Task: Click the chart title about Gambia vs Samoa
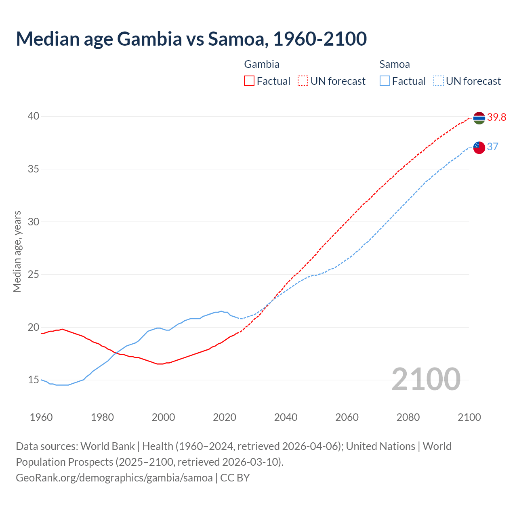pyautogui.click(x=191, y=39)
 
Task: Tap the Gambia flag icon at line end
pyautogui.click(x=479, y=118)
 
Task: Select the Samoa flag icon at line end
pyautogui.click(x=479, y=147)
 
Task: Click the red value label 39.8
pyautogui.click(x=496, y=118)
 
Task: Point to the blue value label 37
pyautogui.click(x=492, y=147)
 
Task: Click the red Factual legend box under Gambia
pyautogui.click(x=249, y=81)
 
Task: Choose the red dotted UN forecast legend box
pyautogui.click(x=303, y=81)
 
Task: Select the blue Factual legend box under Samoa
pyautogui.click(x=385, y=81)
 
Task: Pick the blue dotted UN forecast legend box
pyautogui.click(x=438, y=81)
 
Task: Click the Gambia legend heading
pyautogui.click(x=262, y=64)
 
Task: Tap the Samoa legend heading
pyautogui.click(x=394, y=64)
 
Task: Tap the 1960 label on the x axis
pyautogui.click(x=41, y=417)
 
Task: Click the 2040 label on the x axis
pyautogui.click(x=286, y=417)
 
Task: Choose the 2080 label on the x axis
pyautogui.click(x=408, y=417)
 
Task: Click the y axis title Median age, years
pyautogui.click(x=17, y=251)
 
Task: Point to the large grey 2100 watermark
pyautogui.click(x=426, y=379)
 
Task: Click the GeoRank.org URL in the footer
pyautogui.click(x=114, y=478)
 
